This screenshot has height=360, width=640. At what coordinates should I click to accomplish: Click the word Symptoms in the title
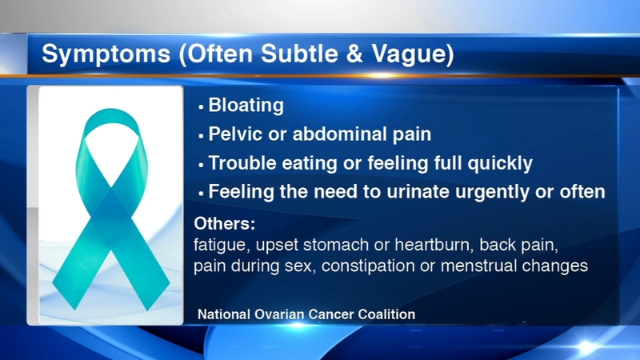(x=106, y=54)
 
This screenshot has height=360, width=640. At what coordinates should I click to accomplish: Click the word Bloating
(x=246, y=106)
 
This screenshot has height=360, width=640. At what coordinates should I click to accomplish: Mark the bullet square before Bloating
(x=201, y=107)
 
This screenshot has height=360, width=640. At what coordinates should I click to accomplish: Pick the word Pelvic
(x=235, y=134)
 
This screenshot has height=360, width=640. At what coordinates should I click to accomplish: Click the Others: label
(x=225, y=224)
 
